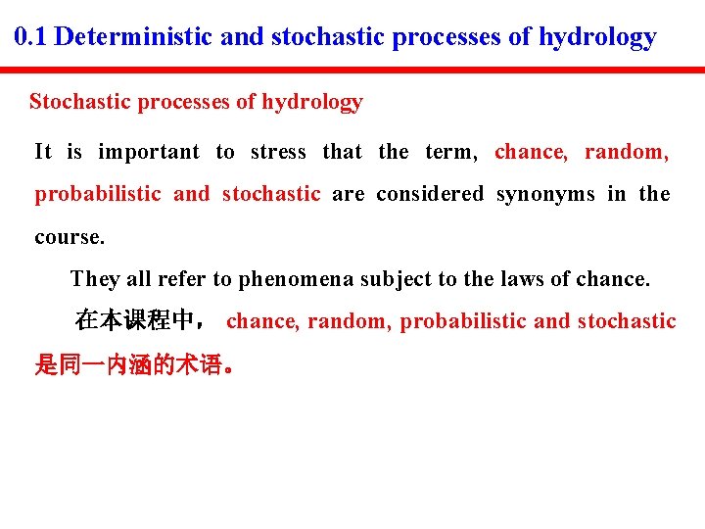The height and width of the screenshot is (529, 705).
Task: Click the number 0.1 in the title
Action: point(32,38)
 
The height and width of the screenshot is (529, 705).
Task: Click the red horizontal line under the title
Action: point(352,71)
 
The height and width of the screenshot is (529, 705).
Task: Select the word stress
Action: point(278,152)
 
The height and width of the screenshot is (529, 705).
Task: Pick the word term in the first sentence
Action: point(449,152)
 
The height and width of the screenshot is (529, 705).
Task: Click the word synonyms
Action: point(545,194)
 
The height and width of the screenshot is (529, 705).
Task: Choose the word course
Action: point(69,237)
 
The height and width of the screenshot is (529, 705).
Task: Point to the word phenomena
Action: point(297,279)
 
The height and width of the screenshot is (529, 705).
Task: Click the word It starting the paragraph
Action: point(43,152)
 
